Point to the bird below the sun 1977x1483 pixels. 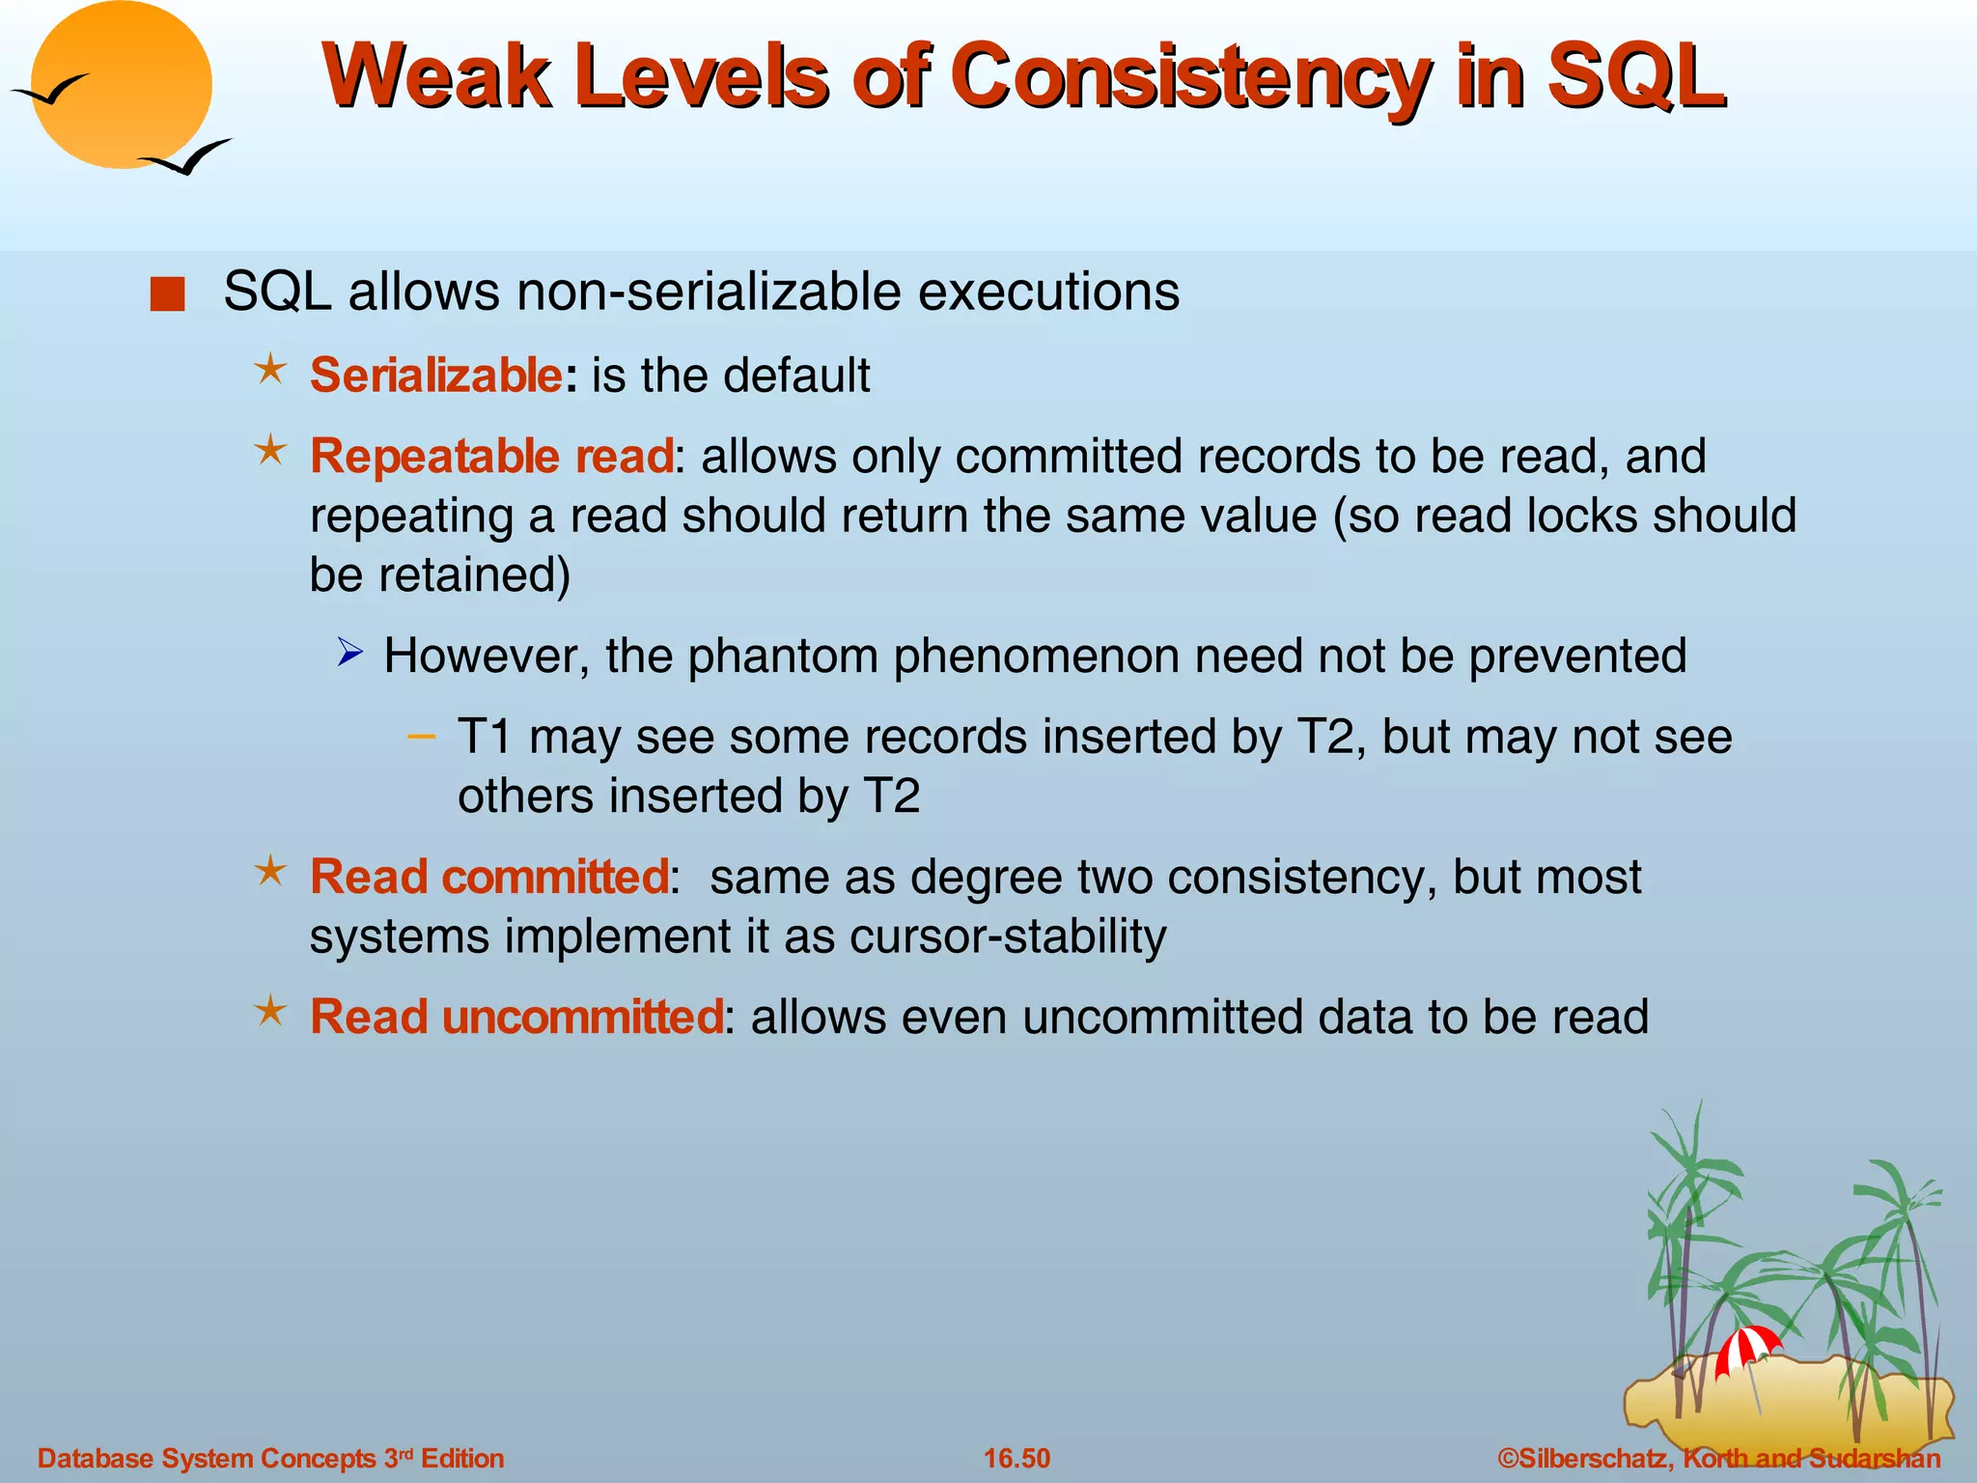[185, 157]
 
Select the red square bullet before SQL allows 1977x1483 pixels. [167, 294]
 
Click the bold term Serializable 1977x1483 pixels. [435, 375]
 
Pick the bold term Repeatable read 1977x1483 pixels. [491, 456]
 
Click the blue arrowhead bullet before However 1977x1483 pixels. [349, 655]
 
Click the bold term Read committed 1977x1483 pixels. [488, 877]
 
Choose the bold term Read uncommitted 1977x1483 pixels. [515, 1017]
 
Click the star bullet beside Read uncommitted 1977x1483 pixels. [270, 1012]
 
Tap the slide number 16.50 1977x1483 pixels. [1016, 1458]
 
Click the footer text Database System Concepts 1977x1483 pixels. [207, 1458]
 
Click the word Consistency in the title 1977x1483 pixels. [1190, 77]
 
